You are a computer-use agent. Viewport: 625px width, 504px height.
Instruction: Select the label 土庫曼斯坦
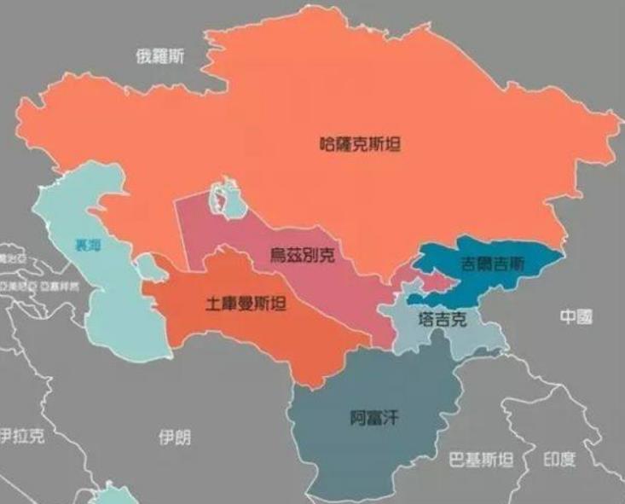click(246, 304)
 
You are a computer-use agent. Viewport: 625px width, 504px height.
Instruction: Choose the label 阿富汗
click(374, 418)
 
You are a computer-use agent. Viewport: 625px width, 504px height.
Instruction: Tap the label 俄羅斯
click(159, 57)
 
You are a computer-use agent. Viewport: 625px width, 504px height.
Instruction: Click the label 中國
click(576, 317)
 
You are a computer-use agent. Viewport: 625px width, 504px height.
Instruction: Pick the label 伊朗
click(175, 437)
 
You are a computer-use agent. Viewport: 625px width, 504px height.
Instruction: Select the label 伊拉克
click(23, 437)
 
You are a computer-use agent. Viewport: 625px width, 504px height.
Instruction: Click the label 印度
click(559, 461)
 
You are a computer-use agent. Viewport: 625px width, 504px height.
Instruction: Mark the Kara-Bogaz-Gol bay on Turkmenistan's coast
click(151, 268)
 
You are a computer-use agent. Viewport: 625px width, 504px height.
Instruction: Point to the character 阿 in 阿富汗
click(358, 418)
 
